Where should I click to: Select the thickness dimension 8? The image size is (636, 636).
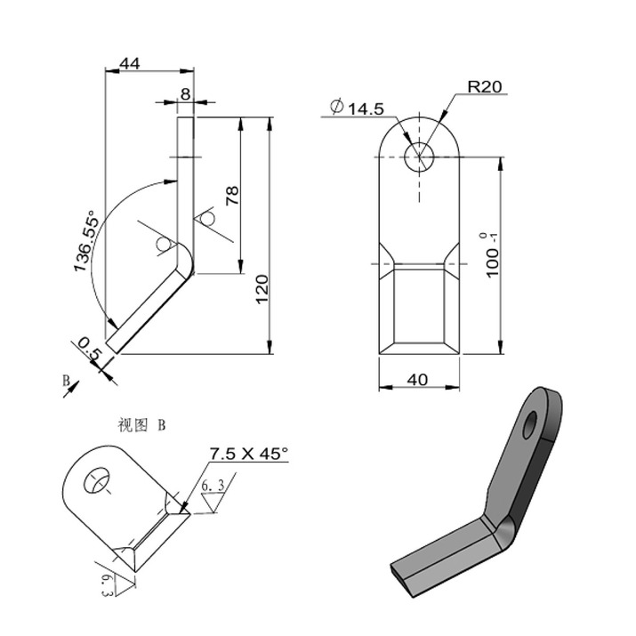185,93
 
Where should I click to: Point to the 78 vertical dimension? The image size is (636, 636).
233,196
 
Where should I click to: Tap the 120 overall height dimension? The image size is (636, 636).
262,290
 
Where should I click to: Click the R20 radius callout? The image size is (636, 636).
486,86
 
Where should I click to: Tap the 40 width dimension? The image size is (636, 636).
417,380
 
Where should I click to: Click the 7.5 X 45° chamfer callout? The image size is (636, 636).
249,454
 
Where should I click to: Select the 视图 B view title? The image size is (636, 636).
141,425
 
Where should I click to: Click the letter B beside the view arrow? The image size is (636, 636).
65,380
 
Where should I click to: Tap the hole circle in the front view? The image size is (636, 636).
418,157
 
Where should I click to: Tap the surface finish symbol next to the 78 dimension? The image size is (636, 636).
206,219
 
